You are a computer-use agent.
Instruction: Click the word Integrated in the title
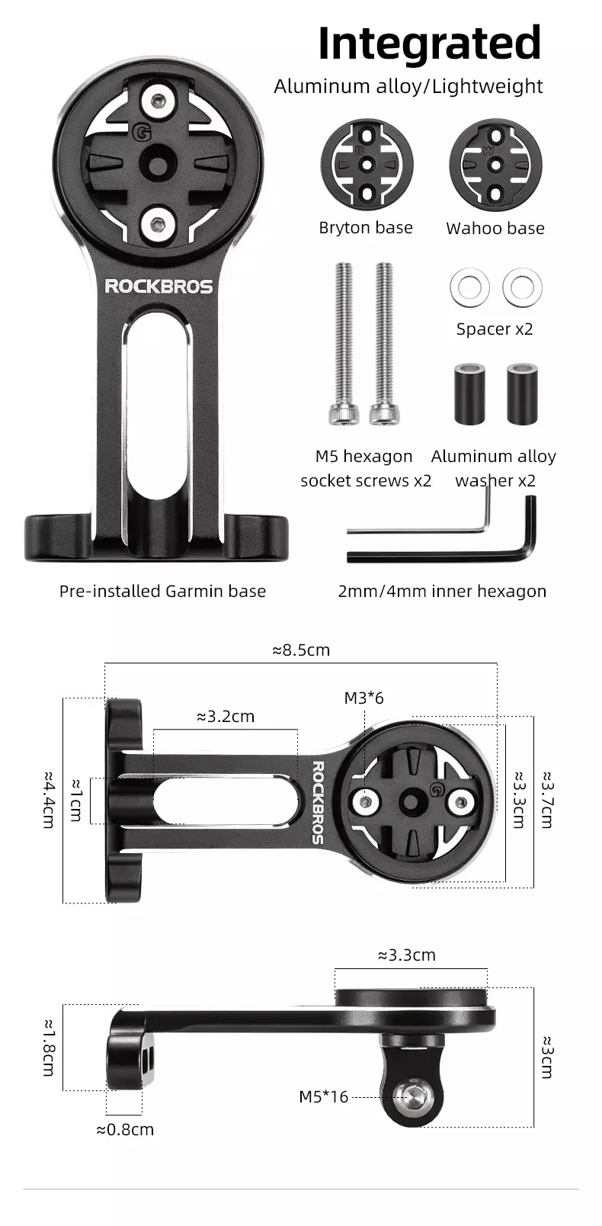pos(430,43)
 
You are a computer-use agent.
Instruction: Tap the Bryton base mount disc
pos(367,165)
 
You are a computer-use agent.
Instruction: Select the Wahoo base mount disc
pos(496,165)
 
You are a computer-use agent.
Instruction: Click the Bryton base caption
pos(366,228)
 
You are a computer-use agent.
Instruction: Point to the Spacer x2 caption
pos(495,329)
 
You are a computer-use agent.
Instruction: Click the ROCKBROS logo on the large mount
pos(159,286)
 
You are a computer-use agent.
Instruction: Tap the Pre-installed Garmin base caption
pos(162,591)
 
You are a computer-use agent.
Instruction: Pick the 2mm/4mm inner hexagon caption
pos(442,591)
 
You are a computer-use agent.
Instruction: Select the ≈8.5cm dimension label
pos(301,650)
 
